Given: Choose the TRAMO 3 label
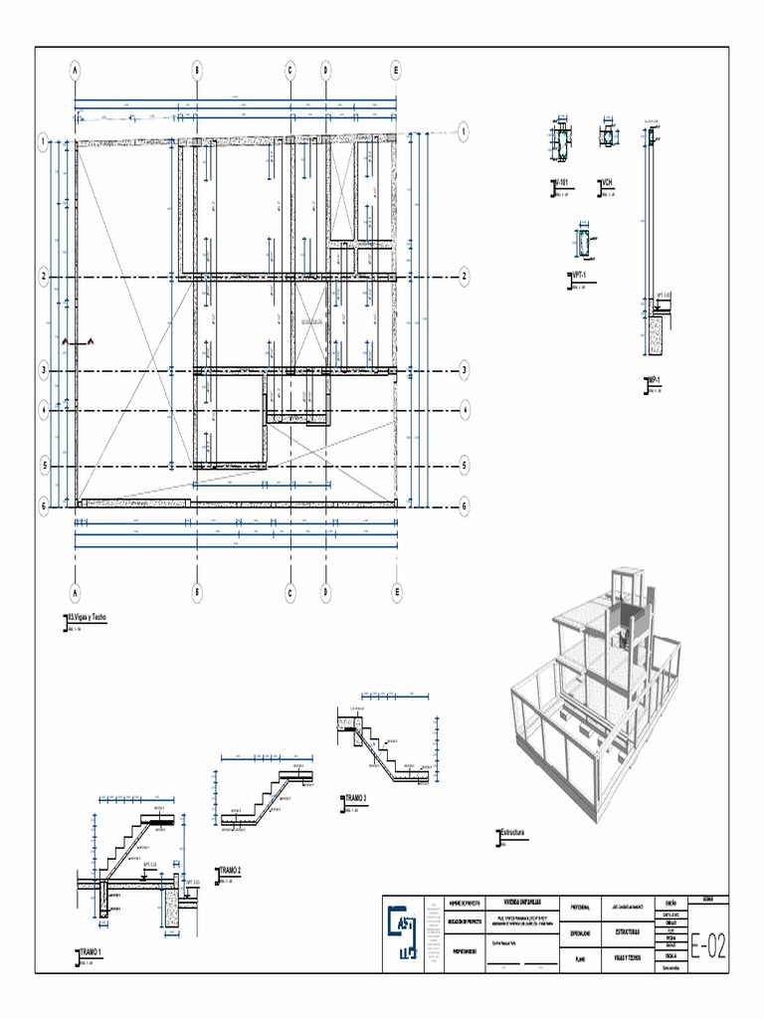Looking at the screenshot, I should [x=356, y=798].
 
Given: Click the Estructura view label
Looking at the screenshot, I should [x=511, y=832].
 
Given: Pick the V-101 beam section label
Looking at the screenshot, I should [x=563, y=183].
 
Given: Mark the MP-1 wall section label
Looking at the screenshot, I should [x=655, y=380].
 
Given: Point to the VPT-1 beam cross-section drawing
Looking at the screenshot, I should [x=582, y=241].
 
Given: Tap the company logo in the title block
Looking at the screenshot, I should [x=404, y=932].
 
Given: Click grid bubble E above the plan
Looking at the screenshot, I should [x=396, y=71].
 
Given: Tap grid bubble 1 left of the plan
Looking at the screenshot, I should [x=44, y=142].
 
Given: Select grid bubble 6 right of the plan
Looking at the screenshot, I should [x=465, y=506].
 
